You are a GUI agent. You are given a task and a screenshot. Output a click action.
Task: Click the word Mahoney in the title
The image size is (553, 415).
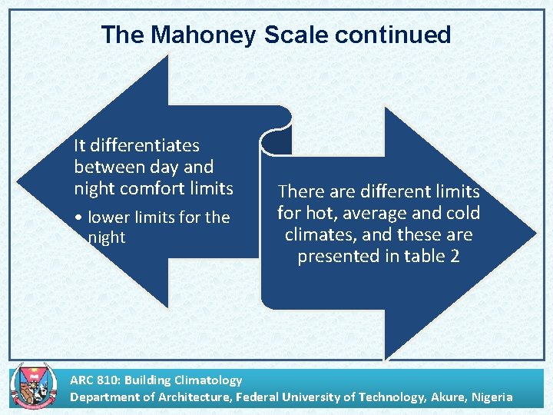(203, 35)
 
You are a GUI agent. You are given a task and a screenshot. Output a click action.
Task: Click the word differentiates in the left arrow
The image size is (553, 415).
(146, 145)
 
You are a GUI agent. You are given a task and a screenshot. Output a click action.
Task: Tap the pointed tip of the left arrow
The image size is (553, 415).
(18, 188)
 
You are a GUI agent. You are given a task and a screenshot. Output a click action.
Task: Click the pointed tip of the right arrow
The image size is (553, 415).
(535, 233)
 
